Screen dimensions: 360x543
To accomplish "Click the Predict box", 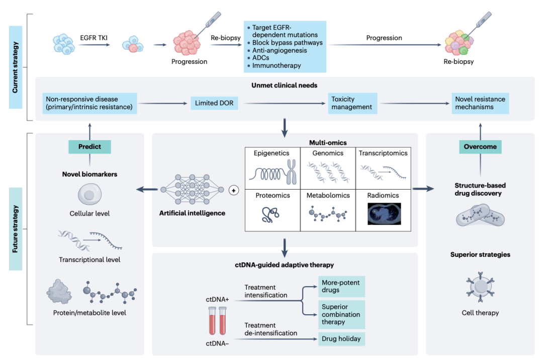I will [x=89, y=147].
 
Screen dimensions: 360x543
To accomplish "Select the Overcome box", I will [x=480, y=147].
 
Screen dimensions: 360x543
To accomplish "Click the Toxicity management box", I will [x=352, y=103].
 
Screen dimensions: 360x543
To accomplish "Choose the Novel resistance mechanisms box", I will [x=480, y=103].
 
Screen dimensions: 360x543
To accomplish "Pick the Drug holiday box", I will [x=341, y=338].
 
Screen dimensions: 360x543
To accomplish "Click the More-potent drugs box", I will [x=341, y=286].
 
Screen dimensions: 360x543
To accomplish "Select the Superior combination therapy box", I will [x=341, y=314].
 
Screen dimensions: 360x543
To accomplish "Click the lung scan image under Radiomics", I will [x=384, y=213].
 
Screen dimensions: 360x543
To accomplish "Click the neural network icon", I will [x=192, y=190].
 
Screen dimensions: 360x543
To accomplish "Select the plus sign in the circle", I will [x=233, y=190].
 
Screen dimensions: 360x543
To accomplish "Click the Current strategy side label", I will [x=16, y=67].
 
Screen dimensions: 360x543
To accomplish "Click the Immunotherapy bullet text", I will [x=277, y=65].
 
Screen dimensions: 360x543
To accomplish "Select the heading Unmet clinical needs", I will [x=284, y=85].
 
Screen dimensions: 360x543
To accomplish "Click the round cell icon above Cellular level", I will [x=89, y=194].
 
